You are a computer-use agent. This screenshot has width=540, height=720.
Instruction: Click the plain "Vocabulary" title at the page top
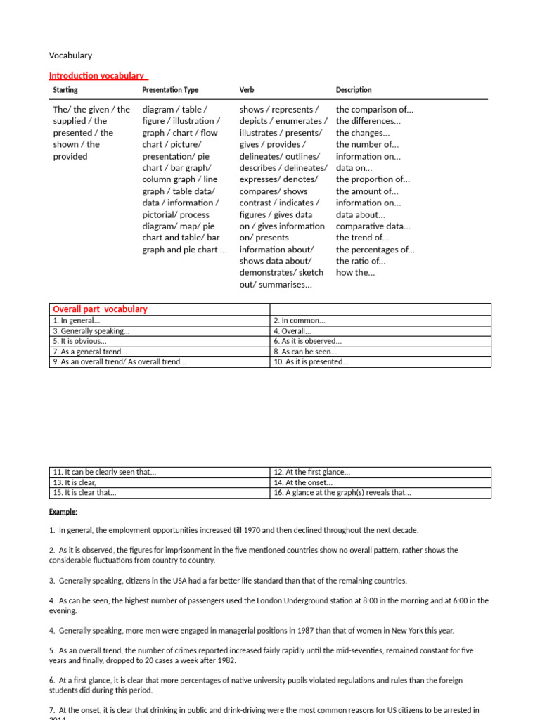pos(70,56)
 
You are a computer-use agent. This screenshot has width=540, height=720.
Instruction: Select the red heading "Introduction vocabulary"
pos(97,76)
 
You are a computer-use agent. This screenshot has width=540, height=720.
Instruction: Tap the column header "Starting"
pos(65,90)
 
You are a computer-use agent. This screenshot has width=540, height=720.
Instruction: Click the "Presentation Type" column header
pos(170,90)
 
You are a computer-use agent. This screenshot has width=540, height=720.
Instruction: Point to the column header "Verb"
pos(247,90)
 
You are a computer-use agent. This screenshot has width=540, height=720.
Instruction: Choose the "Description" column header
pos(354,90)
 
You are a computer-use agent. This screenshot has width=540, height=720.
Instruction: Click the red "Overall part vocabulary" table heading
pos(100,309)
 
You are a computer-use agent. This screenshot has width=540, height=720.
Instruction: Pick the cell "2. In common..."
pos(300,321)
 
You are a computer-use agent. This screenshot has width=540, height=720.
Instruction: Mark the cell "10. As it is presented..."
pos(311,362)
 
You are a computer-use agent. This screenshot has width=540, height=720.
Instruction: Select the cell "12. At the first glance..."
pos(311,472)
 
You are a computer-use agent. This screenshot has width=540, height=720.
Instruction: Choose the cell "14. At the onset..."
pos(303,482)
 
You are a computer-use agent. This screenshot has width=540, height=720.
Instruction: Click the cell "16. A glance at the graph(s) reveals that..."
pos(342,493)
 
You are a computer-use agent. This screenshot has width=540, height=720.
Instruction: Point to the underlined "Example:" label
pos(63,511)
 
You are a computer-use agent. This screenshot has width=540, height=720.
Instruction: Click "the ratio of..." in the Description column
pos(361,261)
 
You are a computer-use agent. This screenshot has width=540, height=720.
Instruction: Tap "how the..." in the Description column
pos(356,273)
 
